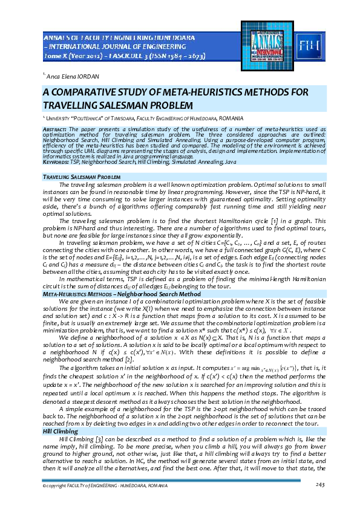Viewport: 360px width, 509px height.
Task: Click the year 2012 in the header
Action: click(x=87, y=56)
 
